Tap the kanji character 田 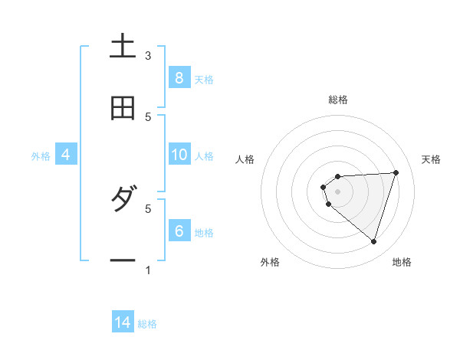(x=123, y=109)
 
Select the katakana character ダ (x=123, y=201)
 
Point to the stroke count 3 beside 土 (x=148, y=56)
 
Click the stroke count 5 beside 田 (x=148, y=116)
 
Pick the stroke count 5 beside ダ (x=148, y=208)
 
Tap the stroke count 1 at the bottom (x=148, y=270)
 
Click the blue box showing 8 (x=179, y=77)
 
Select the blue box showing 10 (x=179, y=155)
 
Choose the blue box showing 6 (x=179, y=231)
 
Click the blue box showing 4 (x=65, y=155)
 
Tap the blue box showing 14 (x=123, y=322)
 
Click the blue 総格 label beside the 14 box (x=147, y=324)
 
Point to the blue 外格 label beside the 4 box (x=41, y=156)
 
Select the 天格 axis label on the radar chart (x=431, y=159)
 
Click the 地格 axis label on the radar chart (x=402, y=262)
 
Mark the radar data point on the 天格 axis (x=396, y=172)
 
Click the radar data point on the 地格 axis (x=373, y=241)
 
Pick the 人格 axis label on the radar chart (x=245, y=159)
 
